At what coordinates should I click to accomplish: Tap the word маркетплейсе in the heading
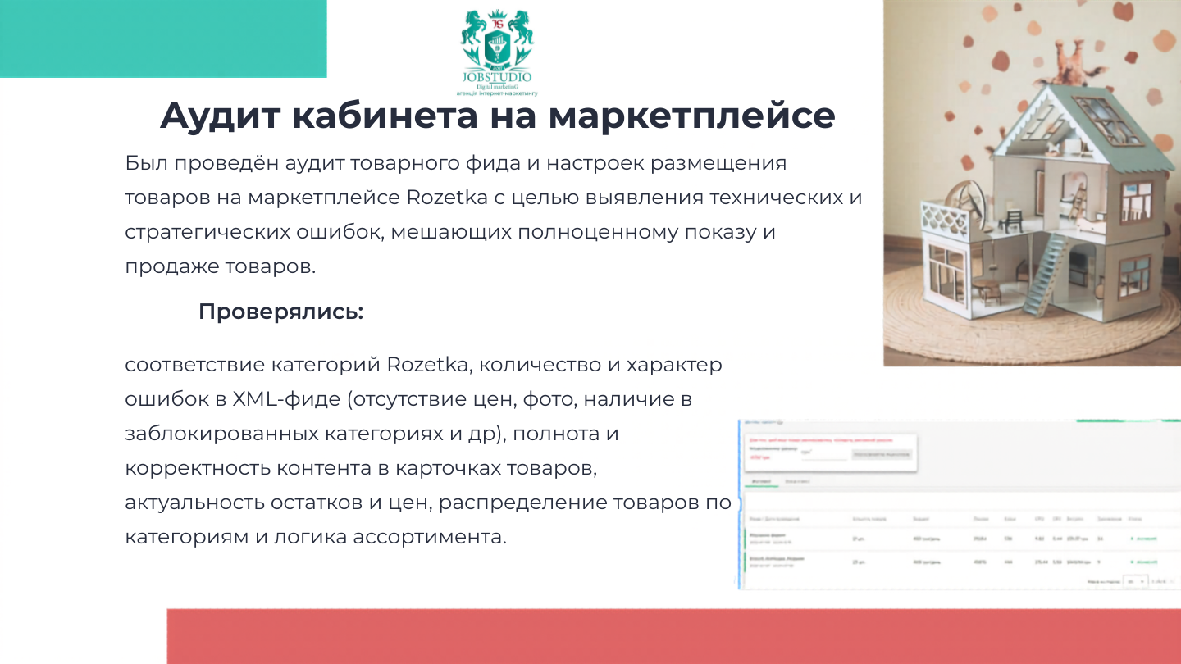click(x=691, y=116)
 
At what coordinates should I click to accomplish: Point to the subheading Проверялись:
click(x=280, y=312)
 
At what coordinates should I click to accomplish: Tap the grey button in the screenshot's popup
click(x=881, y=453)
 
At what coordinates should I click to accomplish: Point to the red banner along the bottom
click(x=673, y=636)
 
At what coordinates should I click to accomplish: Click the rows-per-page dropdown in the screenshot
click(x=1136, y=580)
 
